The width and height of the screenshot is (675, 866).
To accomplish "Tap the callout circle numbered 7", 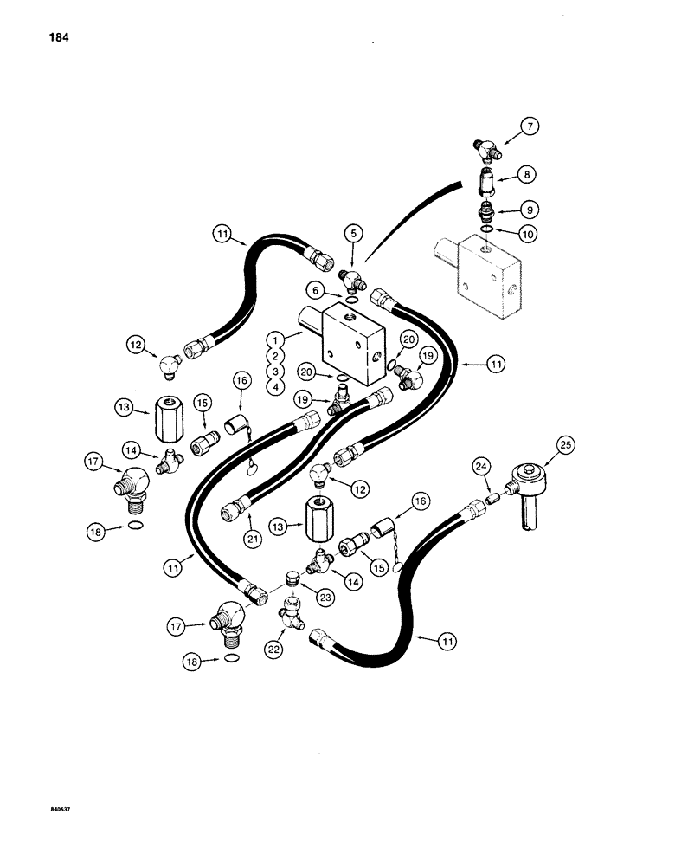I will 530,127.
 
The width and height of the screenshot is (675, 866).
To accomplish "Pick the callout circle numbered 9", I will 527,208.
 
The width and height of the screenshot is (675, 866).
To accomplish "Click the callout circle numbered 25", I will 564,447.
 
